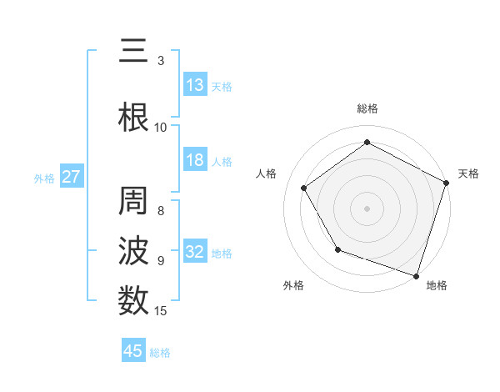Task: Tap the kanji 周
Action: point(132,202)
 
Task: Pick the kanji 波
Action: point(132,251)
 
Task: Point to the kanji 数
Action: point(132,299)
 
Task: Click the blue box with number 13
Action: point(195,85)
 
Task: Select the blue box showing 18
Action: point(195,160)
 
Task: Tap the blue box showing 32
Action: point(195,252)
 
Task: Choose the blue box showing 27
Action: point(71,177)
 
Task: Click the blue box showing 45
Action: point(133,351)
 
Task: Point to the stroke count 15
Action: point(161,311)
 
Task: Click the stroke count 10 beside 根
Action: point(161,128)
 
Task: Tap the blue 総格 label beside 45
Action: point(160,353)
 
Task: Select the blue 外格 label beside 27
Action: point(44,178)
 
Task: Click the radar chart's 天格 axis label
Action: point(468,173)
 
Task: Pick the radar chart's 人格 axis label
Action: point(267,173)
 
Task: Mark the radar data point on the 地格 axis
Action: point(416,275)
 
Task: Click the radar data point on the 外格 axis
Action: point(337,249)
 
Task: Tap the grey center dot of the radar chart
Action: point(367,208)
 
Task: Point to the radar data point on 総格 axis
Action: point(367,142)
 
